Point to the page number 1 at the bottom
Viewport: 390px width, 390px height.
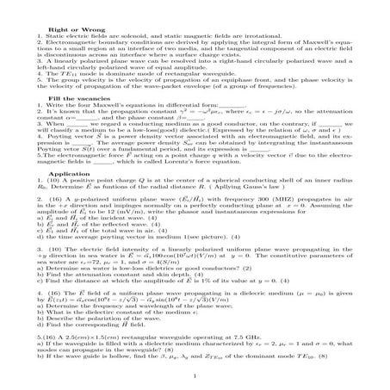tap(195, 375)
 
